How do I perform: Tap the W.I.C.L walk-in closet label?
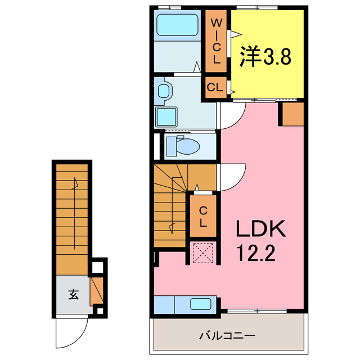click(x=216, y=42)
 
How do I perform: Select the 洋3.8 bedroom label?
click(x=267, y=56)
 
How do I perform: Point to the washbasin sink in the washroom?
click(x=164, y=91)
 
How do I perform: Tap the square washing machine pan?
click(x=166, y=116)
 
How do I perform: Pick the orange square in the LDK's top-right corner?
click(x=292, y=114)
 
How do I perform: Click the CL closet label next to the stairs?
click(x=203, y=216)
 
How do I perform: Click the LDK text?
click(x=260, y=229)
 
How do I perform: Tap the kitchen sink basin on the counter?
click(x=200, y=304)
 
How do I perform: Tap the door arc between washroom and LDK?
click(x=232, y=116)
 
